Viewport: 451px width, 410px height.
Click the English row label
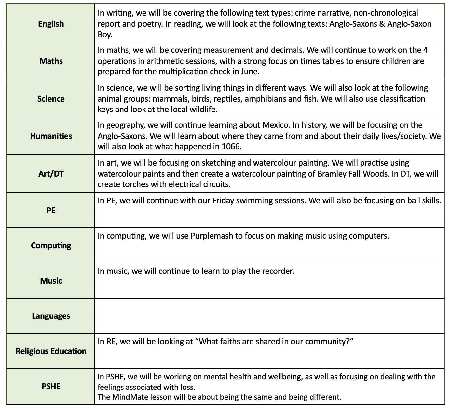pyautogui.click(x=51, y=24)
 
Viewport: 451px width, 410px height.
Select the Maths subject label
pyautogui.click(x=51, y=61)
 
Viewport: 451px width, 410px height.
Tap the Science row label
pyautogui.click(x=51, y=99)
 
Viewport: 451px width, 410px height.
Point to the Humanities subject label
pyautogui.click(x=51, y=136)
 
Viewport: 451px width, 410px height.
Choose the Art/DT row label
pyautogui.click(x=51, y=174)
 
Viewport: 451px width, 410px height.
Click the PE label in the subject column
pyautogui.click(x=51, y=210)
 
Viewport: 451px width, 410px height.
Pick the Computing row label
pyautogui.click(x=51, y=245)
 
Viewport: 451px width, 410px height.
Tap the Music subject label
pyautogui.click(x=51, y=281)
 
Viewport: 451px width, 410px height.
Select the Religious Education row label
pyautogui.click(x=51, y=351)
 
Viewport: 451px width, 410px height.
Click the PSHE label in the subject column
pyautogui.click(x=51, y=386)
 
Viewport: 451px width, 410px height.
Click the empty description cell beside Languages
pyautogui.click(x=269, y=316)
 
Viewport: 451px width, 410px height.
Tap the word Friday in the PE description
pyautogui.click(x=223, y=200)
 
